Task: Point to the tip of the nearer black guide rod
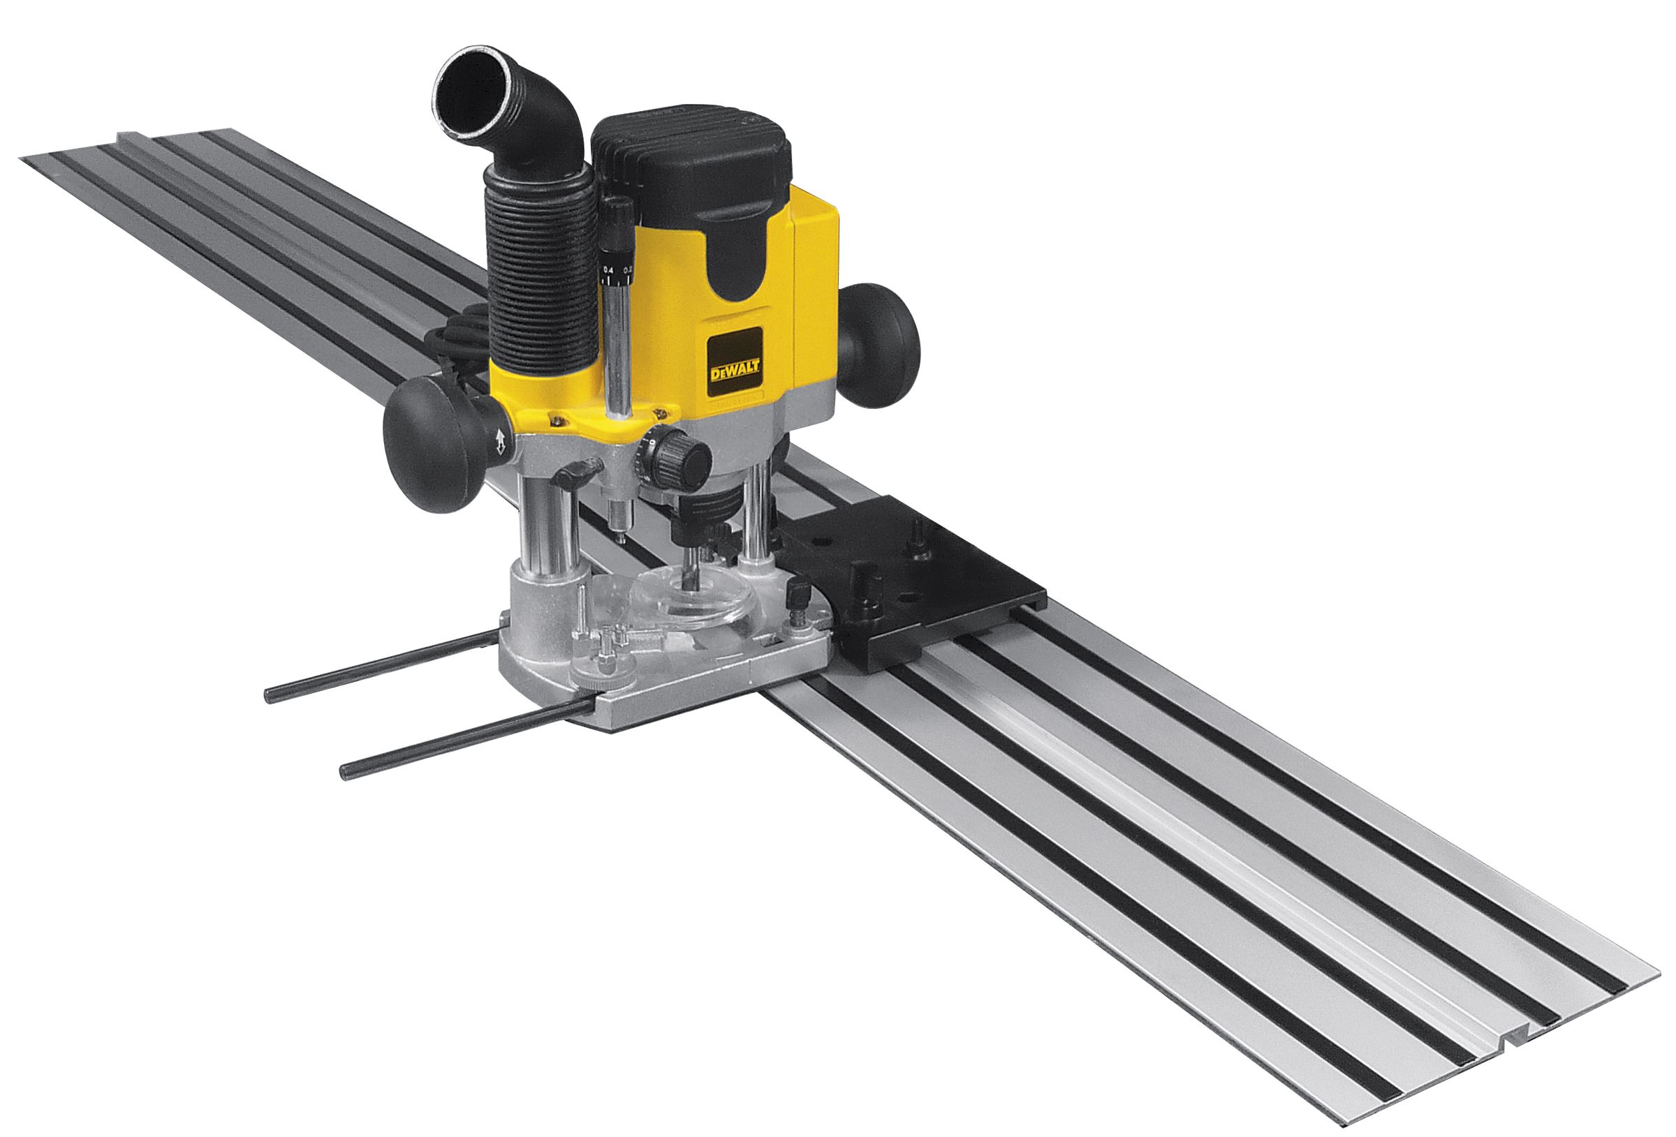347,772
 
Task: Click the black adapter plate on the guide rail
916,584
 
